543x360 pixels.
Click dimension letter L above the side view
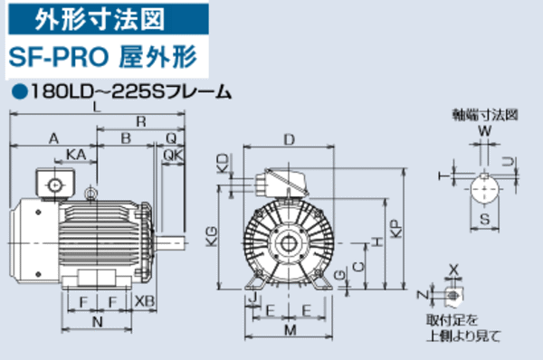pos(97,107)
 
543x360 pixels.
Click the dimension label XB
pos(143,300)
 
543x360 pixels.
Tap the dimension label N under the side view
pos(97,321)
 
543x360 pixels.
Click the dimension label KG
pos(211,237)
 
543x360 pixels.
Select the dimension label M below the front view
pos(289,332)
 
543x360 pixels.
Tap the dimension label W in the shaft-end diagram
pos(484,131)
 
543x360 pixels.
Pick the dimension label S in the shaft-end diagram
pos(484,220)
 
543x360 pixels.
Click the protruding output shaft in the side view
pos(172,242)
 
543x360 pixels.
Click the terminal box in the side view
pos(55,184)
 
